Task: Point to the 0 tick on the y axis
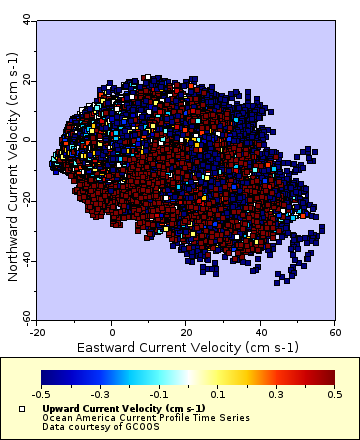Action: click(29, 140)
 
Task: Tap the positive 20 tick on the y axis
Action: click(27, 80)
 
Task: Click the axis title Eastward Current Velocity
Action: click(186, 346)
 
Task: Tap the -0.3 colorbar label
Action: click(100, 395)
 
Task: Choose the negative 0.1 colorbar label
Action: click(159, 395)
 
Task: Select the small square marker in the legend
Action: click(21, 410)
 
